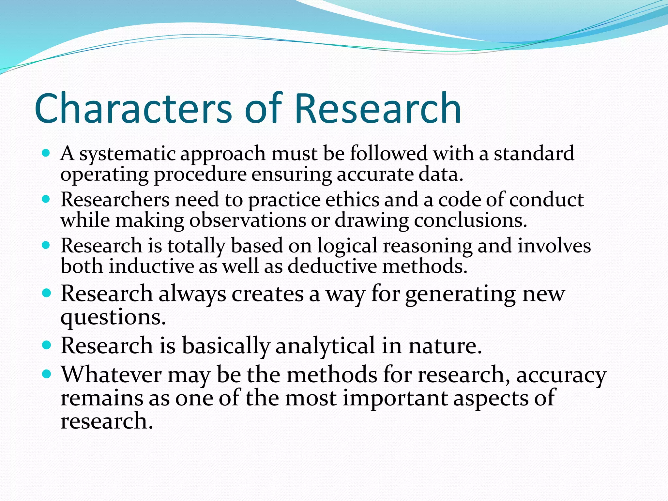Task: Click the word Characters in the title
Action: [x=133, y=108]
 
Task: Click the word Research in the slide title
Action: [x=378, y=108]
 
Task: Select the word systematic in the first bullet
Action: [x=127, y=154]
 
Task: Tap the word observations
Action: [x=248, y=220]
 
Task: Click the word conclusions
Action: [x=470, y=220]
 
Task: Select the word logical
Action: [x=347, y=246]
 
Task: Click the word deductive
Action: [x=332, y=266]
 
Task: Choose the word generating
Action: [x=460, y=295]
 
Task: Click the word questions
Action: [x=113, y=317]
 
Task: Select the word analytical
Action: [x=325, y=346]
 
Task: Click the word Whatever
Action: [x=111, y=374]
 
